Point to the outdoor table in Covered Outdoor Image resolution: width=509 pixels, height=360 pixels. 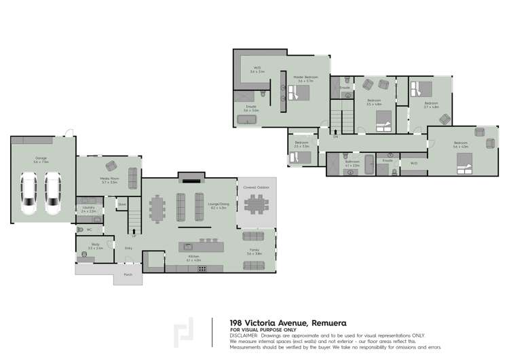pyautogui.click(x=257, y=204)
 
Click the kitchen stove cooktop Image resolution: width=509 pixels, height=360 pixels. pyautogui.click(x=202, y=268)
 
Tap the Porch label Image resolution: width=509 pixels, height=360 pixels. pyautogui.click(x=128, y=274)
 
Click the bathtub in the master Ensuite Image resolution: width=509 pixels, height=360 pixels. pyautogui.click(x=246, y=120)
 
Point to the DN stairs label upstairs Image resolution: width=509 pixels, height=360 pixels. pyautogui.click(x=335, y=138)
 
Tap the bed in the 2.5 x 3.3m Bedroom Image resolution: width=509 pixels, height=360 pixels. pyautogui.click(x=299, y=156)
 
